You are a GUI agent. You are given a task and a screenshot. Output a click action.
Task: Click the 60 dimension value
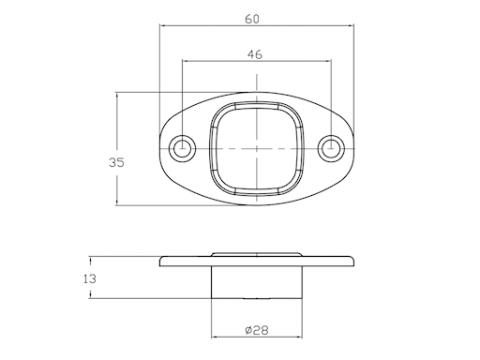pyautogui.click(x=252, y=20)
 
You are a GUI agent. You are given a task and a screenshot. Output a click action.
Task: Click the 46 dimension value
pyautogui.click(x=255, y=54)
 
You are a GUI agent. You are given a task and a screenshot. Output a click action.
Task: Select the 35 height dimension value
pyautogui.click(x=116, y=162)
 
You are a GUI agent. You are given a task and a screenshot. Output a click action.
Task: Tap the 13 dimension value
pyautogui.click(x=90, y=278)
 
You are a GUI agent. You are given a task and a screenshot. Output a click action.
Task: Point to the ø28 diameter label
pyautogui.click(x=257, y=330)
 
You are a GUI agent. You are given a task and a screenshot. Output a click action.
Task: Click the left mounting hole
pyautogui.click(x=182, y=148)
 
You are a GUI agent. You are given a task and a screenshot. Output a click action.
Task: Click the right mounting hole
pyautogui.click(x=331, y=148)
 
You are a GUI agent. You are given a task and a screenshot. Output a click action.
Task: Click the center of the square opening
pyautogui.click(x=257, y=148)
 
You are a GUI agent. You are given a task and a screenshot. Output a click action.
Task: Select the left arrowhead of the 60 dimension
pyautogui.click(x=163, y=25)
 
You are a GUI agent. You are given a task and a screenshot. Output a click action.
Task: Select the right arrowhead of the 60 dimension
pyautogui.click(x=351, y=25)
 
